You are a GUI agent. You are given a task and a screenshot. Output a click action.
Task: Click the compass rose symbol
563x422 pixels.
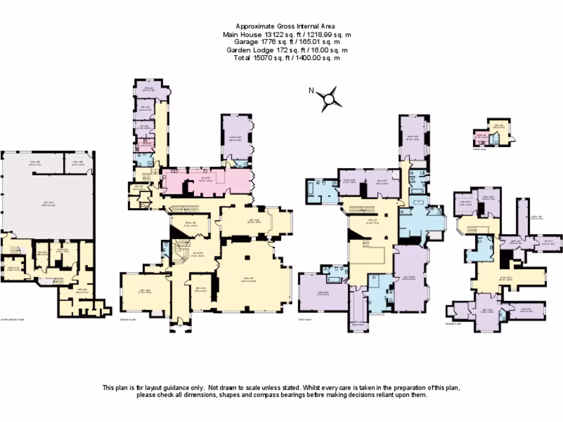click(329, 99)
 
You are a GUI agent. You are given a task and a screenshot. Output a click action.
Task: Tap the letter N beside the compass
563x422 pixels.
click(311, 91)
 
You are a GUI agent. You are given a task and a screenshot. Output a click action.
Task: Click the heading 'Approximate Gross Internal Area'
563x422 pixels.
click(285, 26)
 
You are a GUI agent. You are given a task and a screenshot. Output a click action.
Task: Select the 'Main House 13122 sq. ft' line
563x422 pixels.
click(286, 34)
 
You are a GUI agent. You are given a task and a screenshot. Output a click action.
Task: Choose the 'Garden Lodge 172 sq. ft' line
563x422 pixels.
click(286, 49)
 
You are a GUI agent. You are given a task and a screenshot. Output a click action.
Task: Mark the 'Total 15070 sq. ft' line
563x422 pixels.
click(286, 57)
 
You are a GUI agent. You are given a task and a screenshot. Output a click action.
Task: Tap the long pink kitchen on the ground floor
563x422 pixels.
click(209, 180)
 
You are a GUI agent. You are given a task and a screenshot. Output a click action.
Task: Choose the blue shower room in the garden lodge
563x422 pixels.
click(495, 139)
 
